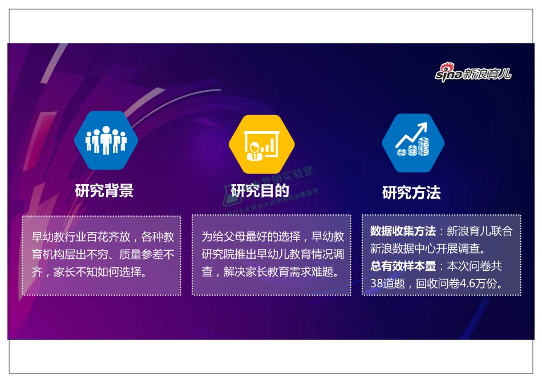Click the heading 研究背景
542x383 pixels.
point(104,191)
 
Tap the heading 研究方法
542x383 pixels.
point(411,193)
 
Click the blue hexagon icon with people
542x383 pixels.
point(106,140)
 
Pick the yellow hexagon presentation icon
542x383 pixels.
point(261,144)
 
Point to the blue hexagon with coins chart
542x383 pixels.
point(413,142)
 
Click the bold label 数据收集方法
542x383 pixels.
point(402,231)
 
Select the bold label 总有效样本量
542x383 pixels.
point(402,266)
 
